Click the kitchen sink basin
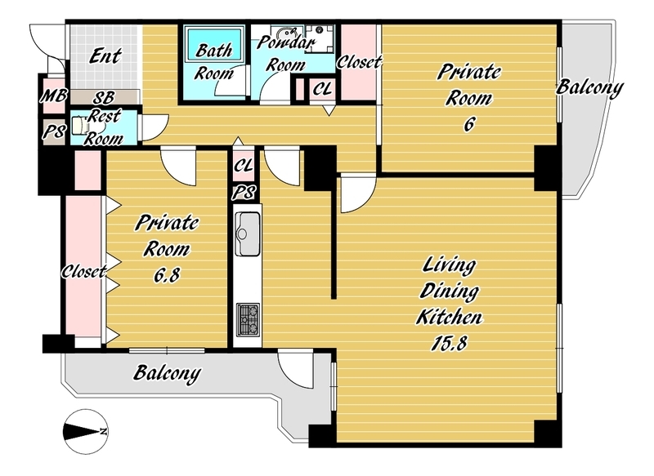pos(248,234)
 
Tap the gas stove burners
pos(248,320)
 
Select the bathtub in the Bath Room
pos(214,44)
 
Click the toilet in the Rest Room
pos(80,126)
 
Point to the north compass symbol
pos(87,431)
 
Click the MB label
pos(53,96)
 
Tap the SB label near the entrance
pos(103,98)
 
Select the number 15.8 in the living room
pos(449,344)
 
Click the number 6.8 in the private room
pos(167,275)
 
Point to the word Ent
pos(105,56)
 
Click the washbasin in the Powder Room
pos(285,33)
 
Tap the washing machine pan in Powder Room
pos(320,38)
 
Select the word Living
pos(449,265)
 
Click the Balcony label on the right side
pos(589,88)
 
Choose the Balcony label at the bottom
pos(167,373)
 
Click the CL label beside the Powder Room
pos(322,89)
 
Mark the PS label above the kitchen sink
pos(244,193)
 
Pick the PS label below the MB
pos(54,132)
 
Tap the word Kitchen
pos(449,318)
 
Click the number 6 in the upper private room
pos(469,124)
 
